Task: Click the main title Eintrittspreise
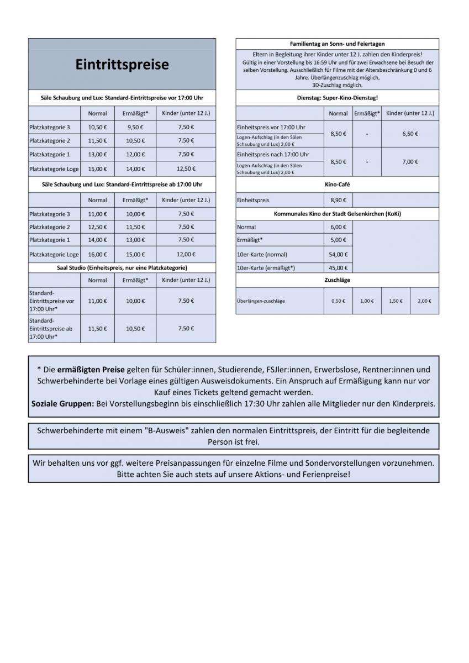tap(122, 65)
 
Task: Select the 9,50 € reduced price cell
tap(135, 127)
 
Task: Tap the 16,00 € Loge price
tap(97, 254)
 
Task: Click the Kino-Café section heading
tap(337, 185)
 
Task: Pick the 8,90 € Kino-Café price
tap(338, 201)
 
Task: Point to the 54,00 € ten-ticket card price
tap(338, 254)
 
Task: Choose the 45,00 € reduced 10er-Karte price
tap(338, 268)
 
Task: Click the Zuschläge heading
tap(337, 280)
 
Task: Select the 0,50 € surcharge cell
tap(338, 301)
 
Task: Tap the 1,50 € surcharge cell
tap(396, 301)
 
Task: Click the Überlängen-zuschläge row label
tap(261, 301)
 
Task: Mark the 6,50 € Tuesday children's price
tap(409, 133)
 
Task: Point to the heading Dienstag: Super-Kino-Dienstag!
tap(337, 98)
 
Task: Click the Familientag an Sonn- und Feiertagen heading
tap(337, 44)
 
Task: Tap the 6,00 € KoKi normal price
tap(338, 227)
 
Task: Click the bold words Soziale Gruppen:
tap(62, 404)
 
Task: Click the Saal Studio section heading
tap(122, 267)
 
